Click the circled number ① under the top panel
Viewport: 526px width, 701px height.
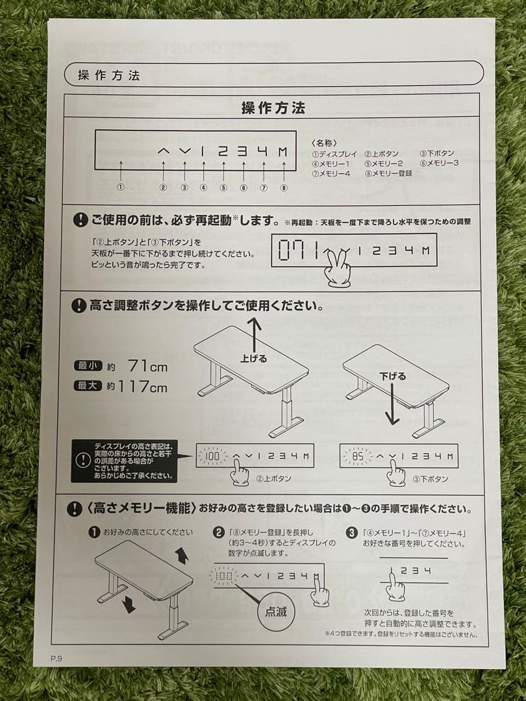[x=120, y=188]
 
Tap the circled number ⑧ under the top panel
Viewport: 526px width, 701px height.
[x=284, y=188]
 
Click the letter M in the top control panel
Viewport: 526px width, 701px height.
[x=283, y=152]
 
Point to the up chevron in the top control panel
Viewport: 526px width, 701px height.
[x=164, y=151]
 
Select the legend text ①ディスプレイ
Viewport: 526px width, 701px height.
[x=334, y=154]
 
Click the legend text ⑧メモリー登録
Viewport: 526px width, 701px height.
[x=388, y=173]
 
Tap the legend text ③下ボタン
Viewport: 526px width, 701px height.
[x=437, y=154]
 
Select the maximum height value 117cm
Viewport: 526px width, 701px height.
[x=142, y=387]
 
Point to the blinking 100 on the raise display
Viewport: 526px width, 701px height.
[x=214, y=456]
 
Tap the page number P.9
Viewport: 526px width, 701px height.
[x=57, y=658]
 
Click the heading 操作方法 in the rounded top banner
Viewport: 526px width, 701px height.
[x=108, y=75]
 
